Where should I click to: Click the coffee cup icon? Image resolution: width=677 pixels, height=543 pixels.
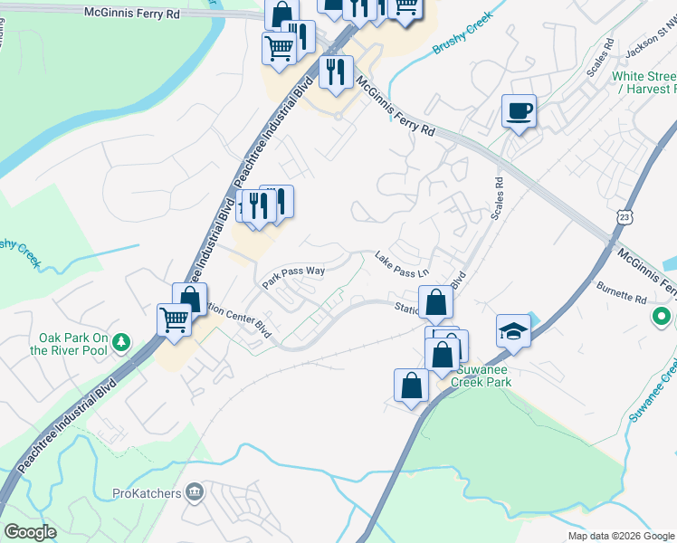pyautogui.click(x=519, y=111)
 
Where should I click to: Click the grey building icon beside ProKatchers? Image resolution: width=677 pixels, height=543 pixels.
pyautogui.click(x=194, y=492)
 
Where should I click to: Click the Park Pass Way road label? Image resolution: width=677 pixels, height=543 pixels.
pyautogui.click(x=293, y=276)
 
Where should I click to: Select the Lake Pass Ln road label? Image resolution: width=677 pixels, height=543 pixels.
pyautogui.click(x=401, y=266)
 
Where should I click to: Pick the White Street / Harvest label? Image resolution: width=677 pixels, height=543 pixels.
pyautogui.click(x=644, y=82)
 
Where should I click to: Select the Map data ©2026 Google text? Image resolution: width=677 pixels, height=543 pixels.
pyautogui.click(x=620, y=536)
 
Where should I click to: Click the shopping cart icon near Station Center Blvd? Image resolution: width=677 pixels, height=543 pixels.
pyautogui.click(x=173, y=319)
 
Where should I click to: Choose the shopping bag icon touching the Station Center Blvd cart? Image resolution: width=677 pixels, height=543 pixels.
pyautogui.click(x=190, y=299)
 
